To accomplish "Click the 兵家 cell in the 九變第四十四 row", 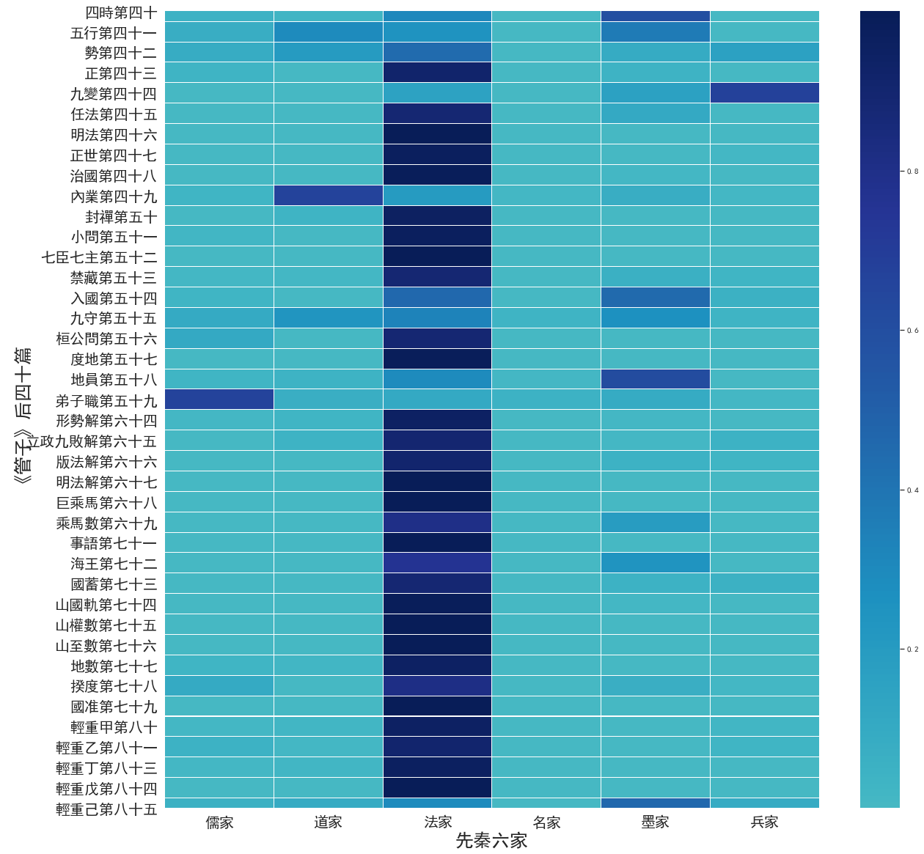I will (x=764, y=93).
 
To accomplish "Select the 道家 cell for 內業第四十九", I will (x=328, y=196).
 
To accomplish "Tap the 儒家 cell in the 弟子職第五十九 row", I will (x=219, y=400).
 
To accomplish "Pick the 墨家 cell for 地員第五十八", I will (x=655, y=379).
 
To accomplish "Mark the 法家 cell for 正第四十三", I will (x=437, y=73).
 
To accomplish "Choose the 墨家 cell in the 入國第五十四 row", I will (x=655, y=298).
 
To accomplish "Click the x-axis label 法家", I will (x=438, y=822).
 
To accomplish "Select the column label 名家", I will (x=546, y=822).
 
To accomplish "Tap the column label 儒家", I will (x=219, y=822).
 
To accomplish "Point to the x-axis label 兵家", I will (x=764, y=822).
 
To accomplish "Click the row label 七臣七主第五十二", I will (x=99, y=257).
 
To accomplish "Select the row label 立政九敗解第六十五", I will (x=92, y=441).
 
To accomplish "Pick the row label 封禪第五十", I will (x=121, y=217).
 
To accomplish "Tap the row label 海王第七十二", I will (x=114, y=564).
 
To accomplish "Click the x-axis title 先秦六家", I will (x=491, y=841).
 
